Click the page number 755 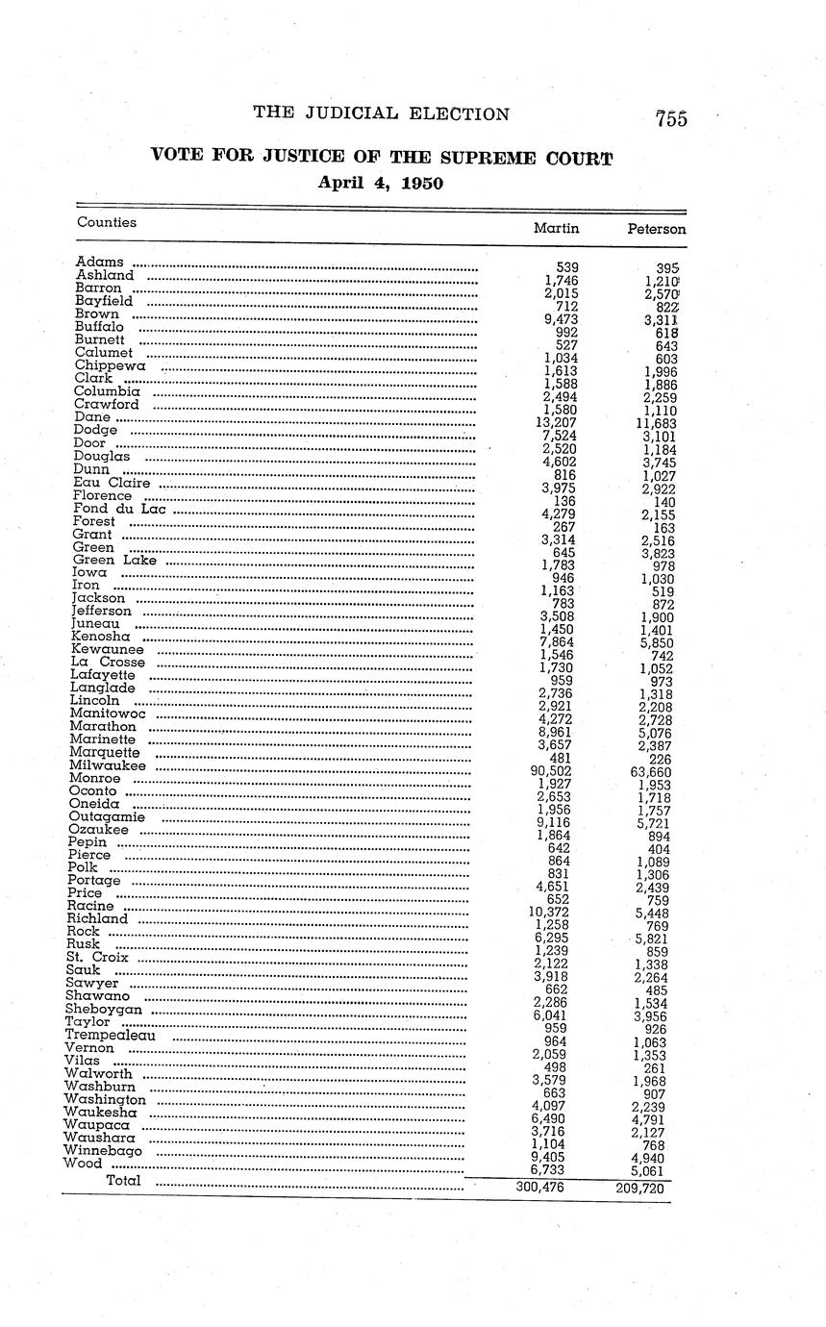click(670, 119)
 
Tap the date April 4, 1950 click(381, 182)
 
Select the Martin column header click(556, 228)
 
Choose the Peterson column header click(656, 229)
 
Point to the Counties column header click(107, 222)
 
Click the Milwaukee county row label click(108, 765)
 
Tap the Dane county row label click(92, 417)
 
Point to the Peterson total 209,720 click(640, 1189)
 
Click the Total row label click(123, 1180)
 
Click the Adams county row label click(99, 262)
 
